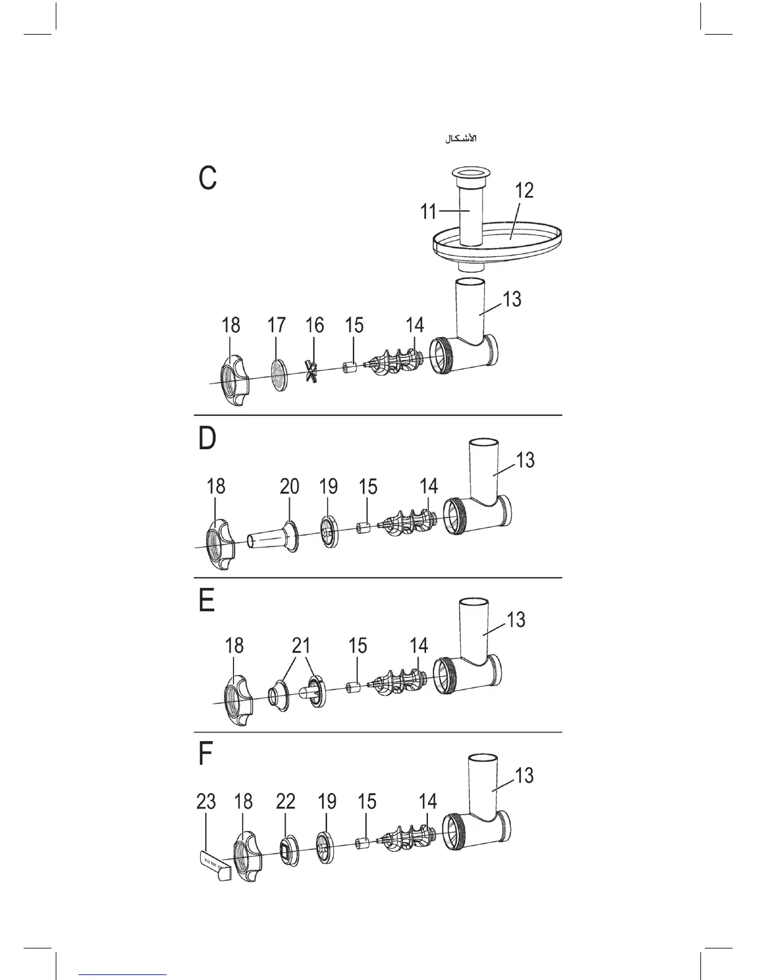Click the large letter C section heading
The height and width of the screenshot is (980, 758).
point(207,177)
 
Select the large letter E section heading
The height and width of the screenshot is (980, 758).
point(207,600)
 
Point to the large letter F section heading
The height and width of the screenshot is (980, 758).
point(206,753)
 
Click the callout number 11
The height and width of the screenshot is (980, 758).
point(428,212)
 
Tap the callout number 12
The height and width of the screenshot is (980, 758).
point(524,190)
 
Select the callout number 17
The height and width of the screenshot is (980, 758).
point(276,325)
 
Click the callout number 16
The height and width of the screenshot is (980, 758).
point(315,325)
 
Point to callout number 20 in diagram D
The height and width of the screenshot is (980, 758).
point(289,486)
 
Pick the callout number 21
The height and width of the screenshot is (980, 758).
point(300,646)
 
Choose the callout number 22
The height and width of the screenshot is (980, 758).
point(285,801)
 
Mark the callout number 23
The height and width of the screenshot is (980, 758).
point(206,801)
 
